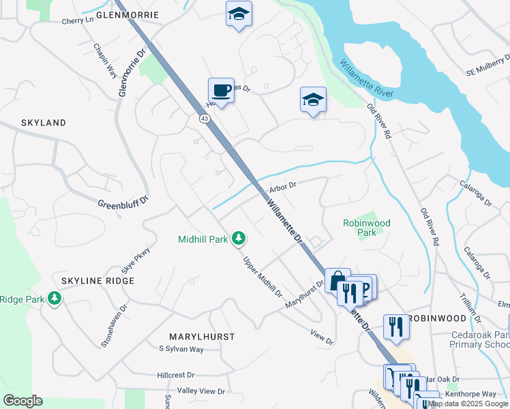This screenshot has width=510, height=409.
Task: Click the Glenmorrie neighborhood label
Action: point(127,14)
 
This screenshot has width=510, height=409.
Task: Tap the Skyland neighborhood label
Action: point(44,123)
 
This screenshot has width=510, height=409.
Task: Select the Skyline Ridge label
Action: point(97,281)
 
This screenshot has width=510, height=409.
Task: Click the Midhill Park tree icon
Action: point(239,239)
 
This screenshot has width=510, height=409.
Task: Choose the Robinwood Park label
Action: point(367,227)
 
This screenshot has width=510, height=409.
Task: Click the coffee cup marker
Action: point(221,90)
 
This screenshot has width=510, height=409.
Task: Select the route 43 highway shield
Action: point(205,119)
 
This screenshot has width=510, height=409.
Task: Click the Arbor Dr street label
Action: point(282,185)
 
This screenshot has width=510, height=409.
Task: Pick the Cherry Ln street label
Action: point(77,20)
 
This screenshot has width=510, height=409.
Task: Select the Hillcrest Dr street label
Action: point(176,375)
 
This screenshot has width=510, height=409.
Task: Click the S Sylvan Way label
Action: point(181,349)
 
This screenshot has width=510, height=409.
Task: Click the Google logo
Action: point(22,401)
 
